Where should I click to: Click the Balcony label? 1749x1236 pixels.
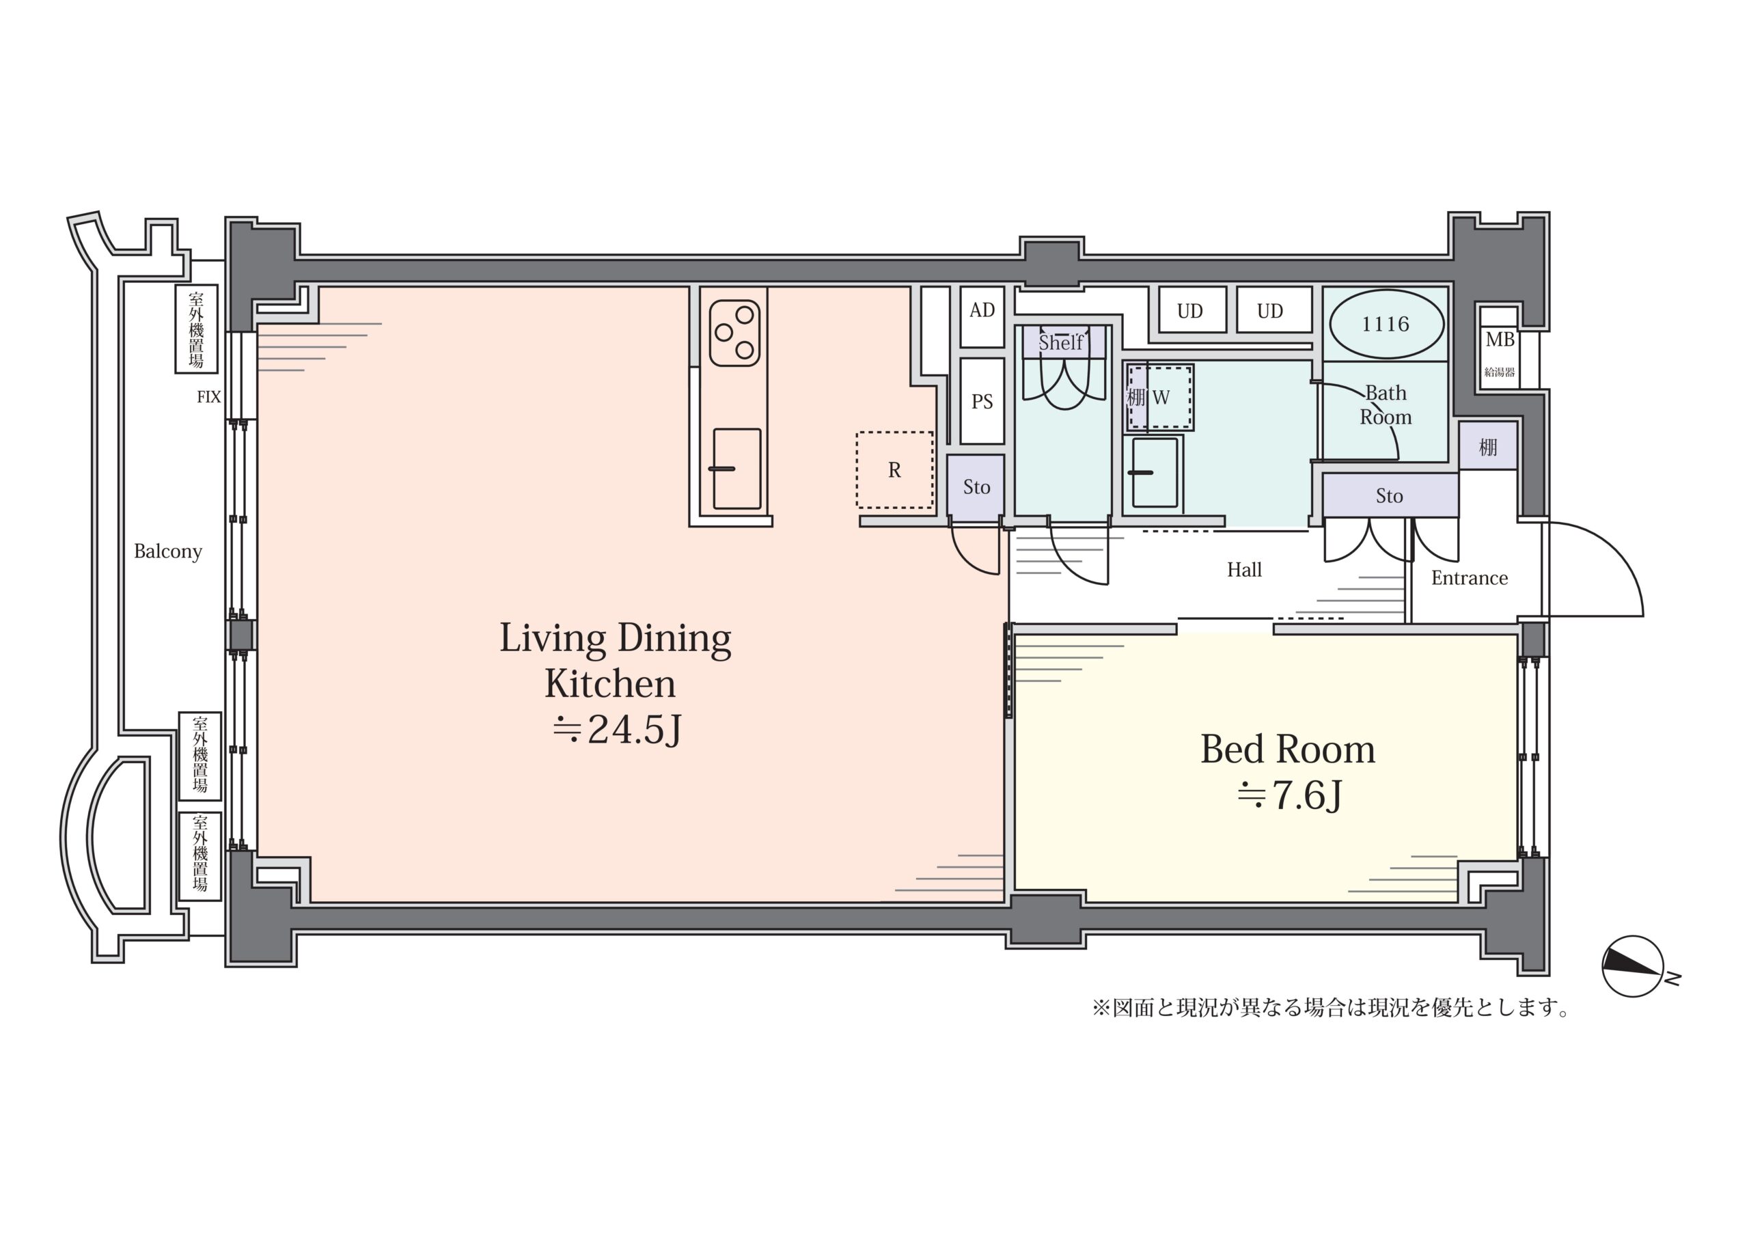coord(167,551)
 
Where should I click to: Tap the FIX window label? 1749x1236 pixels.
coord(209,397)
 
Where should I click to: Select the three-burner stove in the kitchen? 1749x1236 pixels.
coord(735,333)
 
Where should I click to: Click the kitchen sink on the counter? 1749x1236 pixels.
coord(736,469)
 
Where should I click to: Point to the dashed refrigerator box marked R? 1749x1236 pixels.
coord(894,470)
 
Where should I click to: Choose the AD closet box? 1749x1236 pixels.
coord(982,316)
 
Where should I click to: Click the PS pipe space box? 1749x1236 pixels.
coord(982,402)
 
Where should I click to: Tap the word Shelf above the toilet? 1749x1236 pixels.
coord(1060,343)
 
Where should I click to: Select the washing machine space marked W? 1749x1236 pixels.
coord(1159,397)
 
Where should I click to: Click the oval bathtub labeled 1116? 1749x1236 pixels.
coord(1386,324)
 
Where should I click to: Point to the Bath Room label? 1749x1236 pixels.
coord(1386,405)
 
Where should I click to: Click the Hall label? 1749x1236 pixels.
coord(1244,570)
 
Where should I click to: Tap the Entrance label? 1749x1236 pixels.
coord(1470,579)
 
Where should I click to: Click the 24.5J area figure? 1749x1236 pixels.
coord(616,730)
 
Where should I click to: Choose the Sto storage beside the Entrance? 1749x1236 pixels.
coord(1390,495)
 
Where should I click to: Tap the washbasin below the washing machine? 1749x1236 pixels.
coord(1154,472)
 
